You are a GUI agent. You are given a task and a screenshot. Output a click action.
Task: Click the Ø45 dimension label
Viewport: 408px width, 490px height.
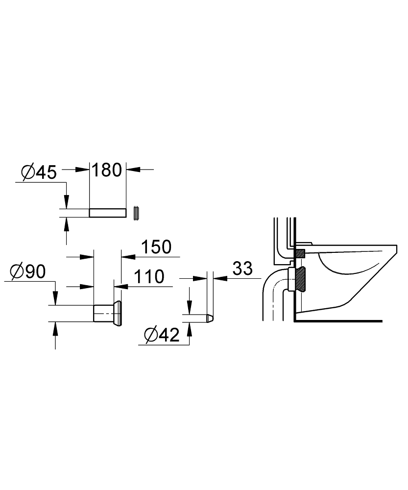click(x=39, y=172)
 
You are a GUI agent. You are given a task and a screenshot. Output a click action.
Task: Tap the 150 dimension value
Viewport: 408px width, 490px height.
click(x=157, y=247)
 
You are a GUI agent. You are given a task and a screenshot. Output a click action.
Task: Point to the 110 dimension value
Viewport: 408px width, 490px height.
click(x=149, y=277)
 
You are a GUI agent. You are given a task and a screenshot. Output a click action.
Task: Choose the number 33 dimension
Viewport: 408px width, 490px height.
click(x=242, y=269)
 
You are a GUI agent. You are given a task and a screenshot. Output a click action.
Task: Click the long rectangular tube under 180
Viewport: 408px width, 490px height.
click(x=108, y=213)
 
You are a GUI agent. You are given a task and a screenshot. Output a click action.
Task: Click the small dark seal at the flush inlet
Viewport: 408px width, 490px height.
click(x=300, y=253)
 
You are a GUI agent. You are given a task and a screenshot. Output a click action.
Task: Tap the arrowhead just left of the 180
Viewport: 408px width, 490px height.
click(x=84, y=169)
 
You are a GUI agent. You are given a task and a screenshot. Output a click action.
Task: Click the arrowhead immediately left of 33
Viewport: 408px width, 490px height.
click(x=219, y=278)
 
